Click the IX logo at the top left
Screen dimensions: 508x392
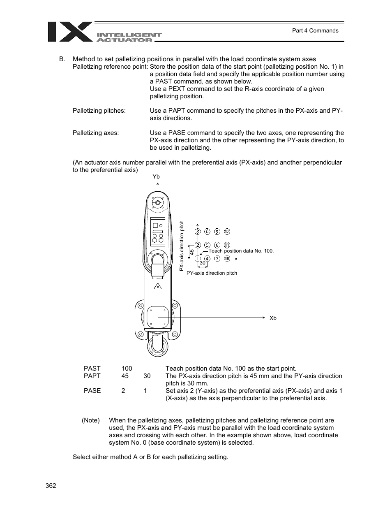coord(70,32)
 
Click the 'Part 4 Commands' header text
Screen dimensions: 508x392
coord(315,30)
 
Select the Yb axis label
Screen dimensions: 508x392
coord(156,176)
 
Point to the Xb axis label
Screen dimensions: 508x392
coord(273,318)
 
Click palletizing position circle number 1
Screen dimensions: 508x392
coord(198,258)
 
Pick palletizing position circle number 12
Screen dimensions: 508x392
coord(227,232)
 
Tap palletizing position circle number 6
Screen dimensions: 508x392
coord(208,232)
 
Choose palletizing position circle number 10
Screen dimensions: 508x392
coord(227,258)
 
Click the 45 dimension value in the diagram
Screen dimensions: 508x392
coord(191,251)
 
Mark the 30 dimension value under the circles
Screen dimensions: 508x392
coord(202,263)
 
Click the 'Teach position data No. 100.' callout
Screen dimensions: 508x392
coord(241,251)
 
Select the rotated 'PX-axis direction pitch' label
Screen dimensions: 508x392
coord(182,246)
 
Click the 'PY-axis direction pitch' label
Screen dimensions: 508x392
coord(212,273)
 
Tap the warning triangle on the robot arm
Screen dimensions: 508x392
coord(157,286)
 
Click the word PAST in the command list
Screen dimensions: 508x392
coord(92,369)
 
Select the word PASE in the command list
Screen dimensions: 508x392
coord(92,391)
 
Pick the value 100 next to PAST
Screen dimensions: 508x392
coord(127,369)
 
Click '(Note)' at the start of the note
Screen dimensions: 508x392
coord(90,420)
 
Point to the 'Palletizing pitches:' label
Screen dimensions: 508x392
coord(99,111)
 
